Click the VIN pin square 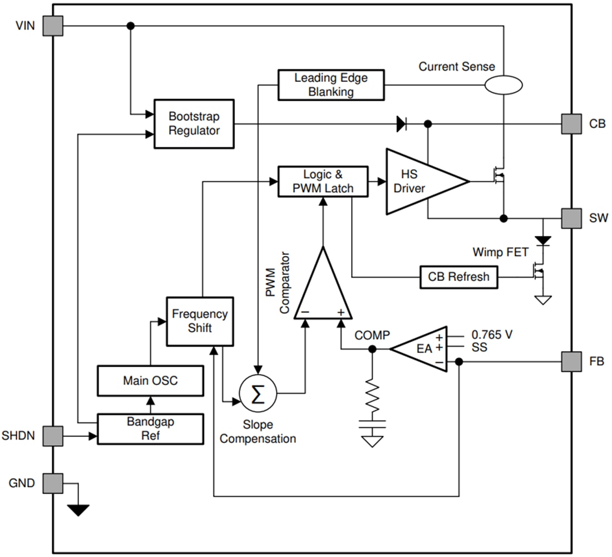click(53, 26)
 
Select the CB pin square click(571, 124)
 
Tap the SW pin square click(571, 218)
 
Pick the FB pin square click(571, 362)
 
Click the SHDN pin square click(53, 436)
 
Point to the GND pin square click(53, 483)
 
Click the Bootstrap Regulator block click(194, 124)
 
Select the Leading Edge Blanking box click(330, 85)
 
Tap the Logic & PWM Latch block click(323, 181)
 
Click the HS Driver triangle click(420, 181)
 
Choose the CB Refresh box click(458, 277)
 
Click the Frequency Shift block click(199, 321)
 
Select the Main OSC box click(150, 381)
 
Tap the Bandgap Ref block click(150, 428)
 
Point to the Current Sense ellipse click(503, 85)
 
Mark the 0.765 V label click(491, 335)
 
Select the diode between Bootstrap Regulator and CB click(401, 124)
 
